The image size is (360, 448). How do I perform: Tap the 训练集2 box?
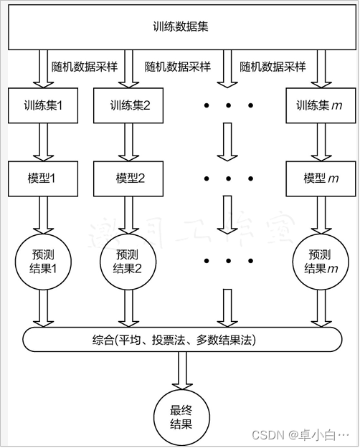(130, 105)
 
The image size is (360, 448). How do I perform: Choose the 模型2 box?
(130, 178)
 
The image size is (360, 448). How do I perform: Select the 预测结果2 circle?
(130, 262)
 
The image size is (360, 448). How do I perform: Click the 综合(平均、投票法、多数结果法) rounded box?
(181, 338)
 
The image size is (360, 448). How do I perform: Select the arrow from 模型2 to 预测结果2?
(130, 215)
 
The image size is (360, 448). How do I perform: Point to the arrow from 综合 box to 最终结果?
(181, 371)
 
